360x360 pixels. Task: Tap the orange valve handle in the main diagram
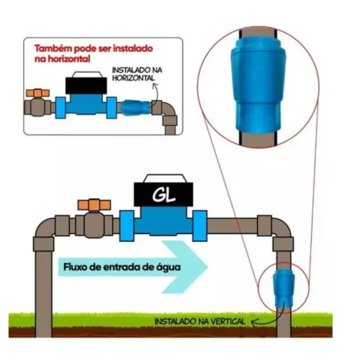pos(94,205)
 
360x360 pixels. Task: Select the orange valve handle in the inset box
pos(38,93)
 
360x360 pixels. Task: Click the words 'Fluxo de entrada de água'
pos(122,267)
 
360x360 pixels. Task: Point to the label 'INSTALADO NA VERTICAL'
pos(200,321)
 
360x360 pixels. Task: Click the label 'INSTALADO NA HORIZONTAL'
pos(137,74)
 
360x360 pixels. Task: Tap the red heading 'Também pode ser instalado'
pos(94,48)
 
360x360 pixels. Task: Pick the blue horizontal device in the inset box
pos(136,107)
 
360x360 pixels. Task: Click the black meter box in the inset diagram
pos(86,86)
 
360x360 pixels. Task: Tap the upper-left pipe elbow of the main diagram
pos(45,231)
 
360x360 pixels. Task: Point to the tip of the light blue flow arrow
pos(208,267)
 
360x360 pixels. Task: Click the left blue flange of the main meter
pos(127,225)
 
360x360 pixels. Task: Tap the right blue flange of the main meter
pos(200,225)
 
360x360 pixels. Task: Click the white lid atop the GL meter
pos(163,179)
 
